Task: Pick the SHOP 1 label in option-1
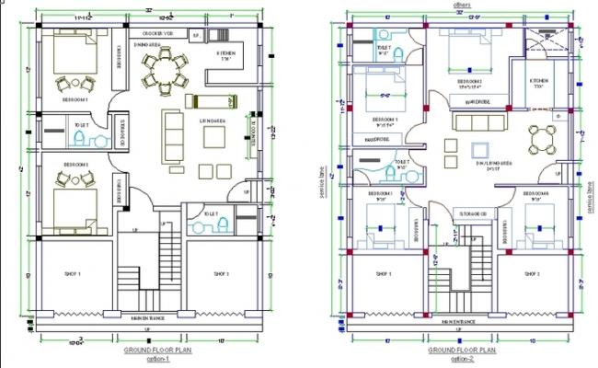pyautogui.click(x=73, y=274)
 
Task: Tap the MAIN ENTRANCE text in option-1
pyautogui.click(x=147, y=318)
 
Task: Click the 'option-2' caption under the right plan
pyautogui.click(x=463, y=358)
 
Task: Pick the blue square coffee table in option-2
pyautogui.click(x=479, y=150)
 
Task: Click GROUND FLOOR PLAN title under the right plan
pyautogui.click(x=463, y=350)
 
